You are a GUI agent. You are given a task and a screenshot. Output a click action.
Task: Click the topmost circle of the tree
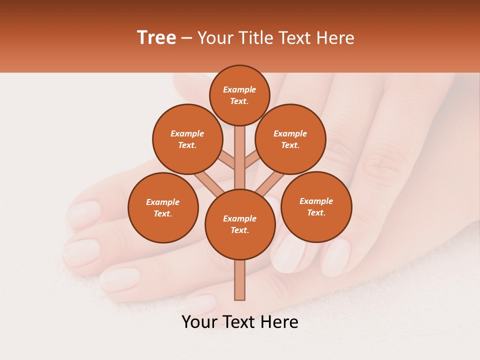(x=239, y=95)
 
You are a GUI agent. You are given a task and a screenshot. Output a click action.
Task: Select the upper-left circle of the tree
(x=187, y=139)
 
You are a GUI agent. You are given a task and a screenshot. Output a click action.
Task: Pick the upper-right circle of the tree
(x=290, y=139)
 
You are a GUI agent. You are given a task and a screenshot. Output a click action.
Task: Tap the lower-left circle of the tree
(x=163, y=207)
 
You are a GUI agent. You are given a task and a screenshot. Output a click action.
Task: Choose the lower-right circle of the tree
(x=316, y=206)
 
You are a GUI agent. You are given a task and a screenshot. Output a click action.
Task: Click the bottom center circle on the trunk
(x=240, y=224)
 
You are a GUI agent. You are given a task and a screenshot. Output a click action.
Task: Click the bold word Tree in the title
(x=156, y=37)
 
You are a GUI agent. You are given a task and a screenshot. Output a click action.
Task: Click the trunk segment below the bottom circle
(x=240, y=280)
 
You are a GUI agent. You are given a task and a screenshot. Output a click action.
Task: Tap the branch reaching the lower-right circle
(x=270, y=183)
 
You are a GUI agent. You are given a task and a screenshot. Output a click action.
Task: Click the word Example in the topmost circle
(x=239, y=89)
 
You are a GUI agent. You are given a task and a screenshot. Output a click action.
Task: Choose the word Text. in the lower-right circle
(x=316, y=212)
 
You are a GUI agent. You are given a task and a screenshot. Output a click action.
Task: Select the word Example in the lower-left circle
(x=163, y=202)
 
